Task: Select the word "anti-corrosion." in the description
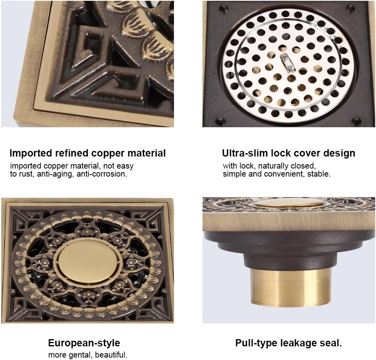point(102,174)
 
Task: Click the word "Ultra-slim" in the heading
point(245,153)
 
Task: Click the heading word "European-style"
point(84,343)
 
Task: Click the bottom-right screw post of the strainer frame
point(356,120)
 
